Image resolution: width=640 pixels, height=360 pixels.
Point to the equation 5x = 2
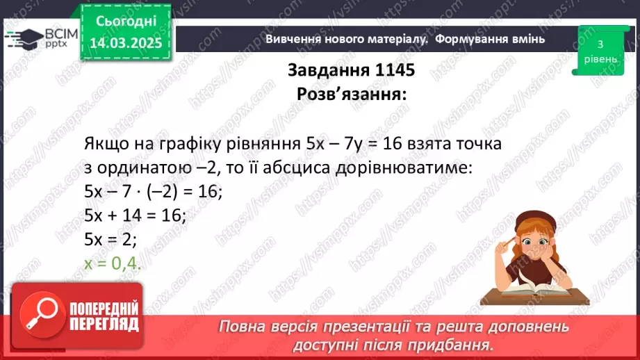110,239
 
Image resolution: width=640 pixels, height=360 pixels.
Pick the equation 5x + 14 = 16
134,216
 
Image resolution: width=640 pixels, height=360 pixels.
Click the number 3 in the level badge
600,44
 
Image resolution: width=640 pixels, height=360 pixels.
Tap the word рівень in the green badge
600,58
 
